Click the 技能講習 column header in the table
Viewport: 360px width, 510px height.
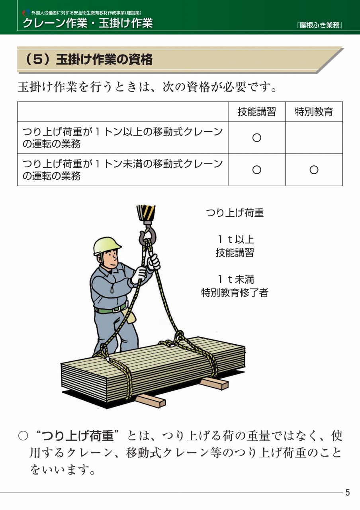coord(257,112)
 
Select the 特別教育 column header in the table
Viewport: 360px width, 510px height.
coord(314,112)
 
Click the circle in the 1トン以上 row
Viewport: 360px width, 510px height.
coord(257,138)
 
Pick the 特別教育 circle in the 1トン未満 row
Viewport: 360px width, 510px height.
coord(314,170)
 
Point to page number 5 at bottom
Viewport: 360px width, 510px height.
coord(347,492)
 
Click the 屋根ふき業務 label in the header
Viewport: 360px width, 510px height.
coord(319,25)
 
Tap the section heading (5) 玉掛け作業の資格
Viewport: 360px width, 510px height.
coord(88,60)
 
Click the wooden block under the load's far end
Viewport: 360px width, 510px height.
coord(214,383)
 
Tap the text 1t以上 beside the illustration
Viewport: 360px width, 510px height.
coord(236,239)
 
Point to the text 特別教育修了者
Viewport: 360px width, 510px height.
coord(235,292)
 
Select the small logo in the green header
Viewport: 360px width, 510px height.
coord(26,13)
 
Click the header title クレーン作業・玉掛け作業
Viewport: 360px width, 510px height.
coord(88,23)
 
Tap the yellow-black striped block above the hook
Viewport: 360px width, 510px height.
coord(146,213)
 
